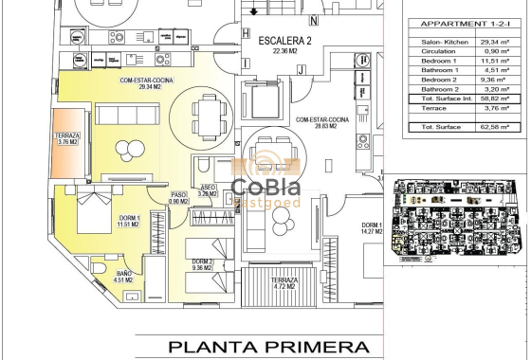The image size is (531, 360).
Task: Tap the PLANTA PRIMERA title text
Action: tap(275, 346)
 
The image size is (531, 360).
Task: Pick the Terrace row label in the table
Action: tap(435, 108)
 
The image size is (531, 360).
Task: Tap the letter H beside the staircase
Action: tap(246, 35)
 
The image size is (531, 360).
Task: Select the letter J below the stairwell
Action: tap(301, 69)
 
